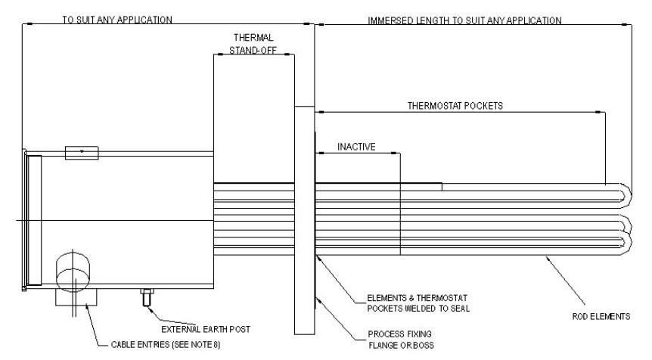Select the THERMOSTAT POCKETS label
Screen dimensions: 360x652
click(456, 106)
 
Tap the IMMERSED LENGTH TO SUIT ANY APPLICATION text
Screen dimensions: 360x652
click(464, 20)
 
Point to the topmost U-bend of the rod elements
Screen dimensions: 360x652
click(624, 195)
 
